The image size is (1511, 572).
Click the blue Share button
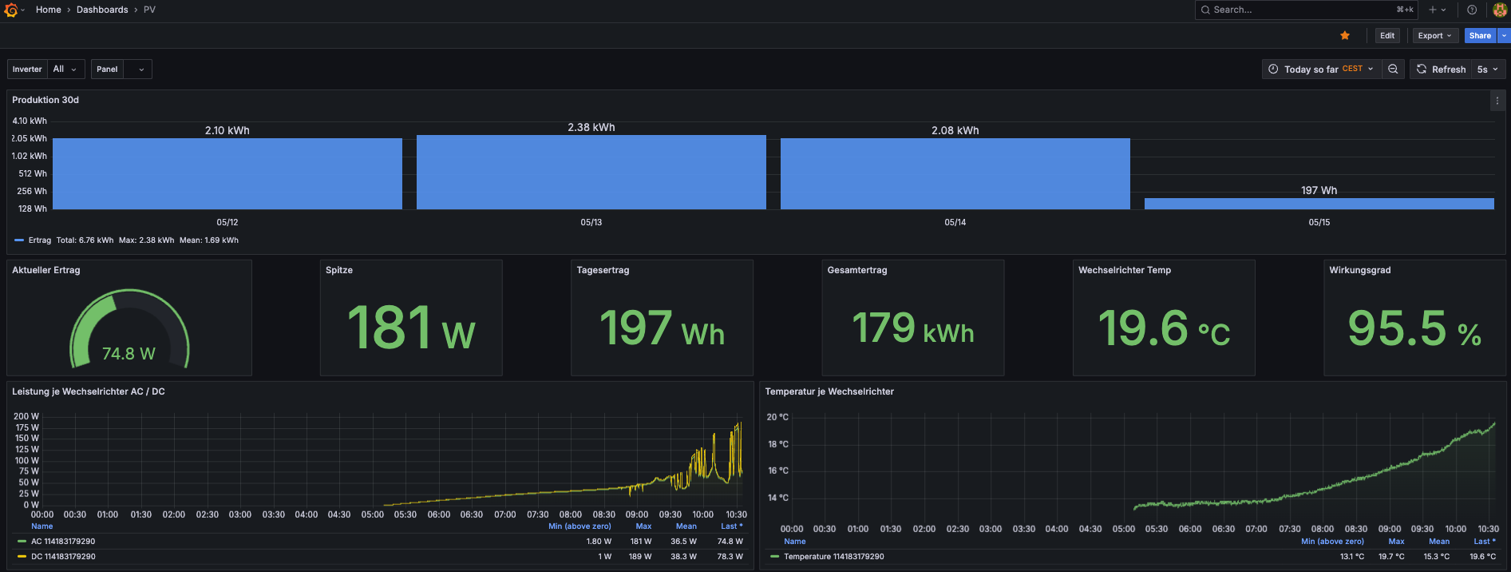1480,36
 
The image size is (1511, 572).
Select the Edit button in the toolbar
1387,36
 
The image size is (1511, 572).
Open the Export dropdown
1434,36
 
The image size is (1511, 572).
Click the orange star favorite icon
1345,36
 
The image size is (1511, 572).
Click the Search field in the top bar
1306,10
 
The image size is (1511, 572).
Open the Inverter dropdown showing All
65,70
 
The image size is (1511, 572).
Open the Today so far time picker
1321,70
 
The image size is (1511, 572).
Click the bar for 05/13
591,172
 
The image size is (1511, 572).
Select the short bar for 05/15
1319,204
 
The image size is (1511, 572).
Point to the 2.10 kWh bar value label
227,130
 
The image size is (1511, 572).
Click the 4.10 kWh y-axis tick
30,121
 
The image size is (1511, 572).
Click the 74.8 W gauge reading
129,354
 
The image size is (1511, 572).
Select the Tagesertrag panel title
603,270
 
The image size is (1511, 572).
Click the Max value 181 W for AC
641,542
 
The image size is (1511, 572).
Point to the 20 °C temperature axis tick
777,417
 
